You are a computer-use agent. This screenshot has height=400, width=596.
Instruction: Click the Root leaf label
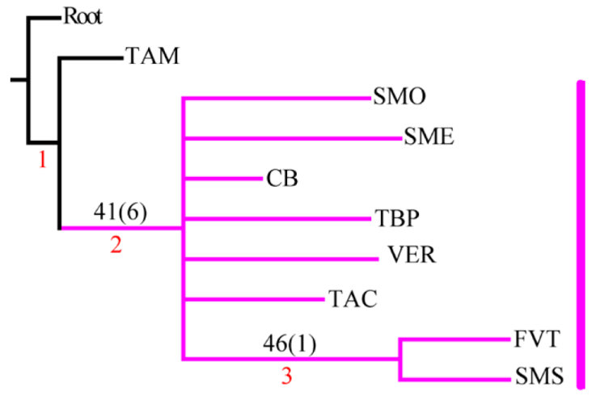(x=84, y=15)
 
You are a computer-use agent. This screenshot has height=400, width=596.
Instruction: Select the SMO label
(x=399, y=98)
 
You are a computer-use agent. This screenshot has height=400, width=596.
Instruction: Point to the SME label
(x=429, y=137)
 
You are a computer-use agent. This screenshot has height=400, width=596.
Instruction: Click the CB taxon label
(x=282, y=178)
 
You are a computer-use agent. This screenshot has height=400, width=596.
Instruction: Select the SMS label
(x=537, y=377)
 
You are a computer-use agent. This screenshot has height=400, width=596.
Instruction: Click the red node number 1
(x=43, y=161)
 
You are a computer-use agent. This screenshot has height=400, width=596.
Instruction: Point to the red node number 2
(x=116, y=246)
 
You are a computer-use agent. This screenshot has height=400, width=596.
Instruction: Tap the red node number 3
(x=289, y=377)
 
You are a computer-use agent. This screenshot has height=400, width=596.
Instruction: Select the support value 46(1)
(x=290, y=343)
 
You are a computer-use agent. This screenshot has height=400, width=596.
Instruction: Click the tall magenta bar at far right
(x=579, y=234)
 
